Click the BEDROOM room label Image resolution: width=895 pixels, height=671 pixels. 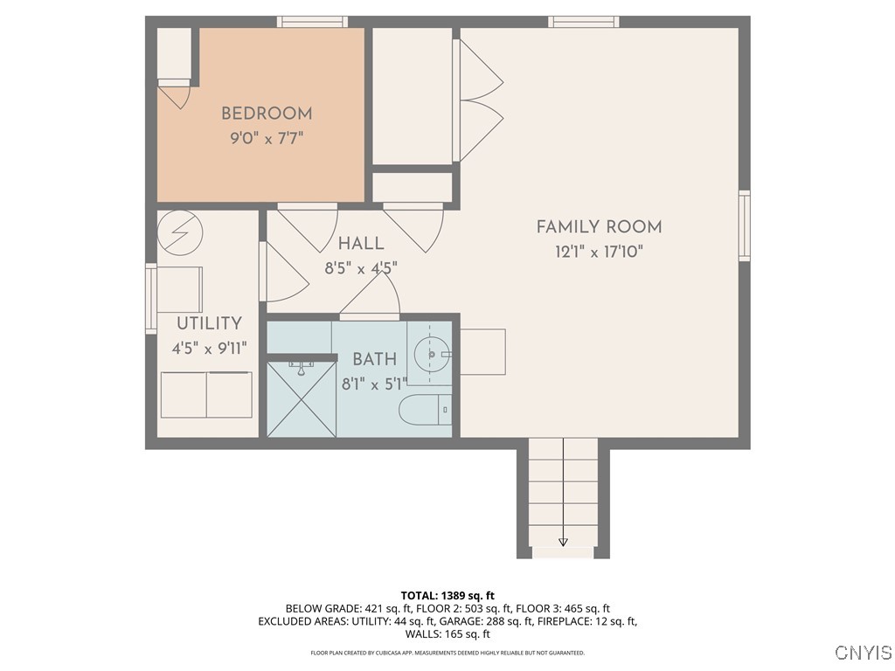click(x=266, y=114)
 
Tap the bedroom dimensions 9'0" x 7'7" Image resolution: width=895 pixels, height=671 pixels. click(x=266, y=138)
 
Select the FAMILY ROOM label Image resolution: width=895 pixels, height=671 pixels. click(x=599, y=227)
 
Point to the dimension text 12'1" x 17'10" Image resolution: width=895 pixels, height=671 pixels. click(x=599, y=252)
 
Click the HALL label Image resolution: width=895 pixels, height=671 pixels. click(x=361, y=244)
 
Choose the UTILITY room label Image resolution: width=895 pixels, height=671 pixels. click(x=209, y=324)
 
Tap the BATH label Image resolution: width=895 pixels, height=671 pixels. click(x=374, y=359)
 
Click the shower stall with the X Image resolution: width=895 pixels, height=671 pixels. click(x=300, y=399)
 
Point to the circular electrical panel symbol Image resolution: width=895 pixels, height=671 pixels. click(x=180, y=232)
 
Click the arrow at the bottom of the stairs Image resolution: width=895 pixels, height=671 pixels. click(x=563, y=541)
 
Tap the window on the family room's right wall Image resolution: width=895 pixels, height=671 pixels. click(x=744, y=225)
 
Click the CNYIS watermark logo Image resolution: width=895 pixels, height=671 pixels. click(x=863, y=653)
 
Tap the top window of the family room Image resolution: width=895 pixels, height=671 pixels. click(x=584, y=22)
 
